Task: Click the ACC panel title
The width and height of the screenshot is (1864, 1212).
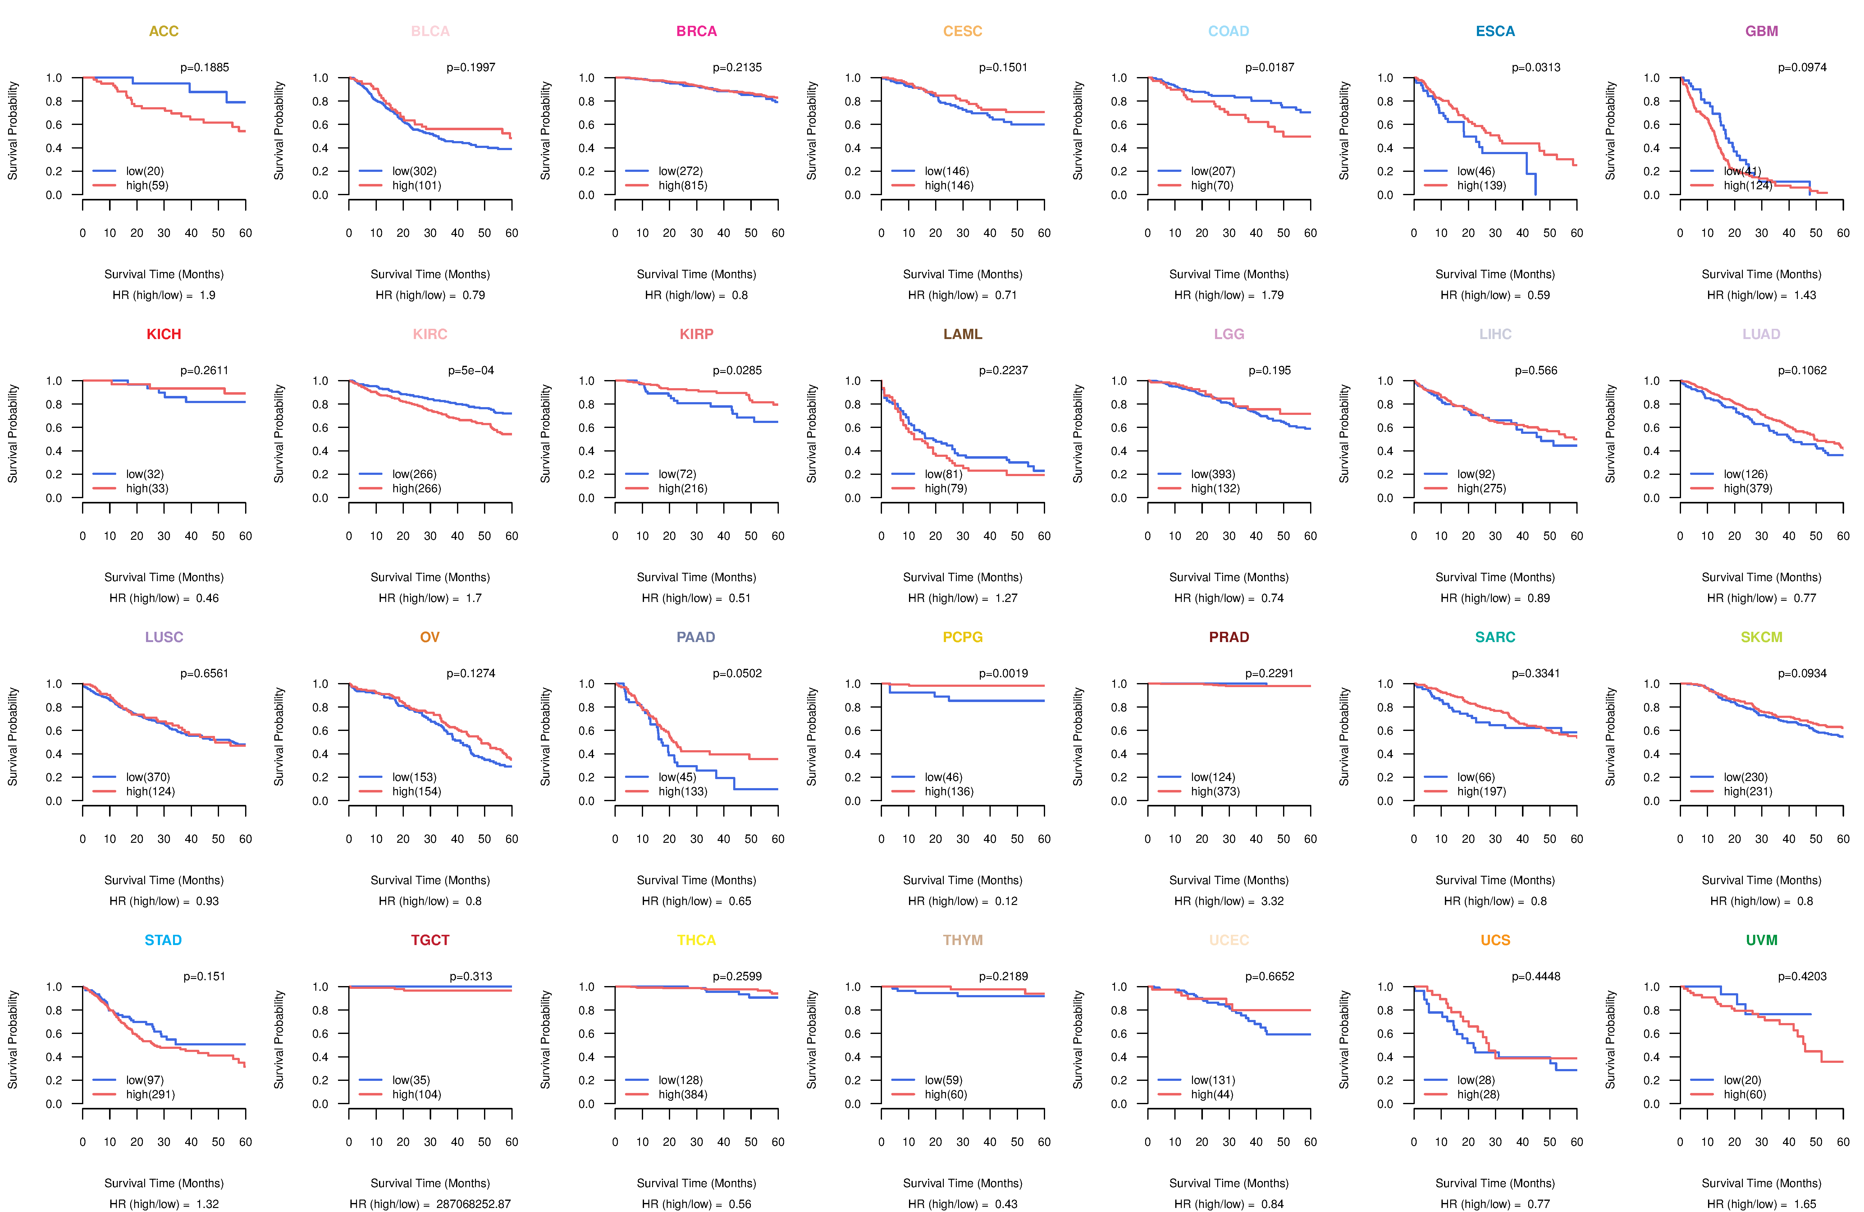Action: [x=164, y=31]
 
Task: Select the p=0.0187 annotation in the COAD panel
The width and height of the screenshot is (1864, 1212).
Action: [x=1270, y=67]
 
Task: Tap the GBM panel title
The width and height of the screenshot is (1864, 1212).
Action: [x=1761, y=31]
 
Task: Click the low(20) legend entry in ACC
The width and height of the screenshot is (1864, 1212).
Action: [x=145, y=171]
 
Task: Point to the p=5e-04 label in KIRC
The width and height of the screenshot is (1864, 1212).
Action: [x=471, y=370]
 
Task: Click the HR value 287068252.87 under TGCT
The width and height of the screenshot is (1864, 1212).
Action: [x=473, y=1204]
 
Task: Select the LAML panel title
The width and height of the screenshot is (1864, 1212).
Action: [x=962, y=334]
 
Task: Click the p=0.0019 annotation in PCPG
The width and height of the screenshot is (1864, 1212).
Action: [x=1003, y=674]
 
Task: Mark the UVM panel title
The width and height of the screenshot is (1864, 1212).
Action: [x=1761, y=940]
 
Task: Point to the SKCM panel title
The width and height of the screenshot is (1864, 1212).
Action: [x=1761, y=637]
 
